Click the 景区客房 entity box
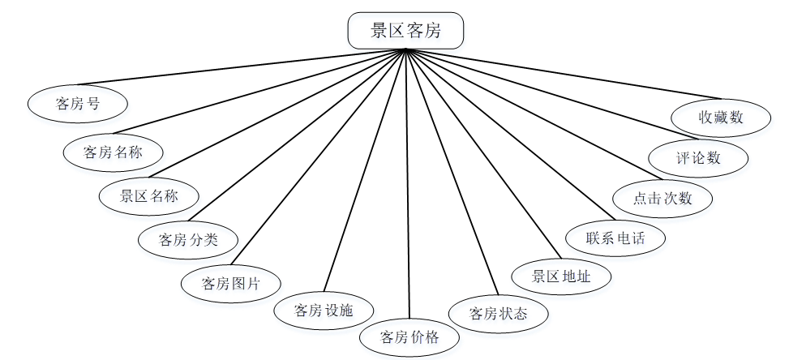pos(405,32)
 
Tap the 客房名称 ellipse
pos(114,151)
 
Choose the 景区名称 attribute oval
pos(148,196)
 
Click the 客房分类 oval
pos(189,239)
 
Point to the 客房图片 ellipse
pos(231,284)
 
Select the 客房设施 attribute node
pos(323,311)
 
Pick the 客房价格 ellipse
pos(410,337)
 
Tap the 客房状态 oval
pos(499,312)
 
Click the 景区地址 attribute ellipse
pos(561,276)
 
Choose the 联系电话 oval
pos(615,238)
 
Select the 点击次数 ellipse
pos(662,198)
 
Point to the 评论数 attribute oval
pos(698,157)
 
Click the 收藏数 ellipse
pos(721,117)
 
